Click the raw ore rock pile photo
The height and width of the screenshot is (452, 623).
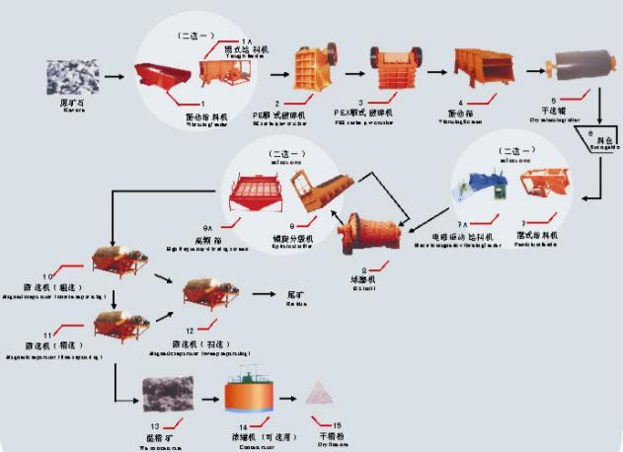(70, 74)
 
